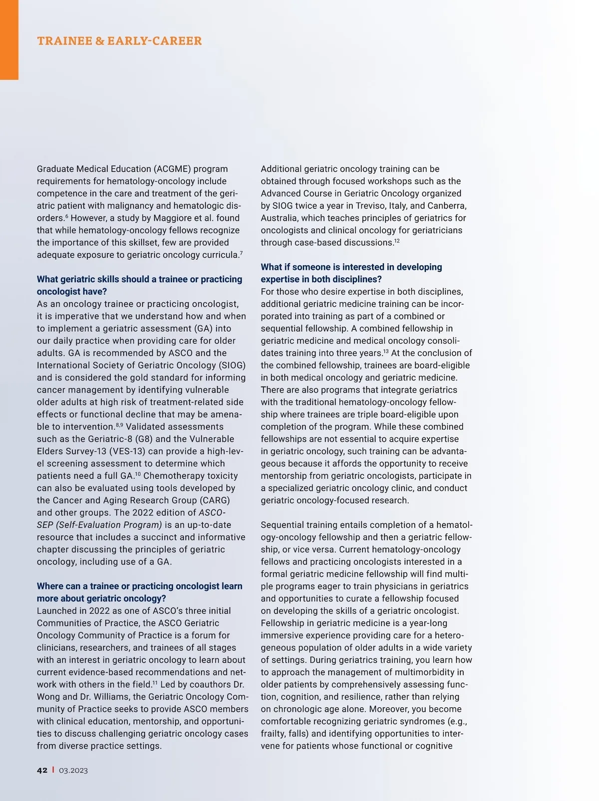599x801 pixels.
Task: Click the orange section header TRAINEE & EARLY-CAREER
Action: pos(119,41)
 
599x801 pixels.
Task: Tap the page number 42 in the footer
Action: pos(42,770)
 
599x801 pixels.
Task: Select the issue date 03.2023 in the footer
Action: pos(73,770)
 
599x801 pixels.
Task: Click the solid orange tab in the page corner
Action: pos(9,40)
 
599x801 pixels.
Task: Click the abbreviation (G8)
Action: pos(137,439)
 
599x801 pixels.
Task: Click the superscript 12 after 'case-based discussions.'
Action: pos(397,241)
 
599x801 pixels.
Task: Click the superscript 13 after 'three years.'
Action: pos(386,352)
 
